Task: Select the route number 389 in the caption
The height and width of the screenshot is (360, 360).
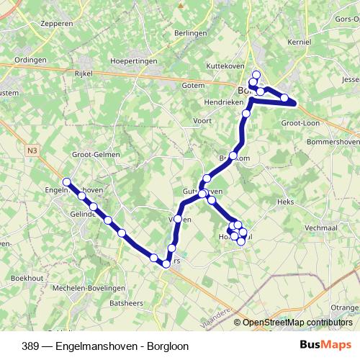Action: (x=31, y=346)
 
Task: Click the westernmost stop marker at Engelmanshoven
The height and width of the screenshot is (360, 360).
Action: (x=66, y=182)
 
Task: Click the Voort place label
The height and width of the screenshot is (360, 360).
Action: (x=202, y=120)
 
